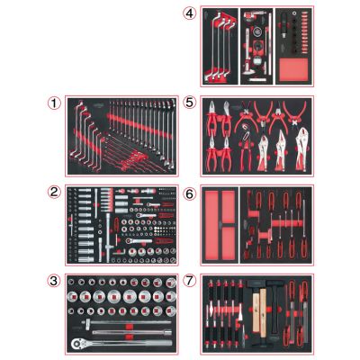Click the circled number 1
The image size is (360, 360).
point(54,103)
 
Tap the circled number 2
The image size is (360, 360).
point(54,192)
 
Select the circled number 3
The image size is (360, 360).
point(54,281)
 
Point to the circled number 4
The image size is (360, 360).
point(190,13)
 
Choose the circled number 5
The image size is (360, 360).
point(190,103)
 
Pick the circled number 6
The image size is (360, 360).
point(190,193)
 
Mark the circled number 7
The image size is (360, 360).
point(190,281)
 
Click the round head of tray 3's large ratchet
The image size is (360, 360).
point(77,344)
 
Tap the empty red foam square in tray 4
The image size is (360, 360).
point(293,69)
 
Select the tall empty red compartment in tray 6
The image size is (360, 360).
point(211,225)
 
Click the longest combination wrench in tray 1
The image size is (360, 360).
point(173,132)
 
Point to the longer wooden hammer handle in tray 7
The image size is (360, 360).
point(263,312)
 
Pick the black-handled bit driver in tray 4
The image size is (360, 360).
point(283,28)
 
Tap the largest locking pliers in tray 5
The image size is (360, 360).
point(301,150)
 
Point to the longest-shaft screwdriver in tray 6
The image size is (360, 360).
point(304,229)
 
